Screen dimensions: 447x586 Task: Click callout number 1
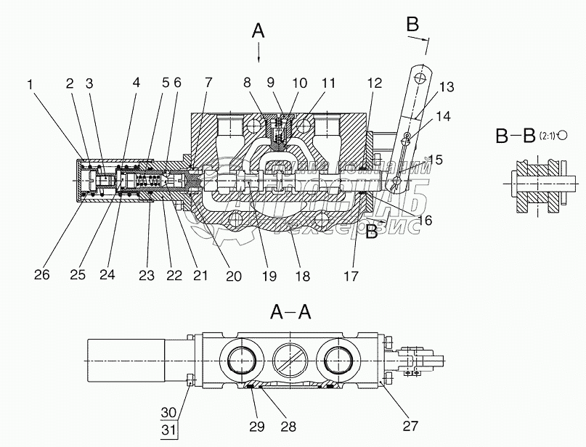pyautogui.click(x=30, y=85)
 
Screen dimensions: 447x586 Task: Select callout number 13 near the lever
pyautogui.click(x=446, y=88)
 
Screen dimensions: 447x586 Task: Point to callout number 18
pyautogui.click(x=303, y=276)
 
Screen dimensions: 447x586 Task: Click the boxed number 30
pyautogui.click(x=168, y=412)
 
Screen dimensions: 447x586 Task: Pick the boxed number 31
pyautogui.click(x=168, y=428)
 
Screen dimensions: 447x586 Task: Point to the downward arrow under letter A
pyautogui.click(x=259, y=53)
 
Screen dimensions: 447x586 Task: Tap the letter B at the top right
pyautogui.click(x=412, y=23)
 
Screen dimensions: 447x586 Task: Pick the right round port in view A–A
pyautogui.click(x=340, y=361)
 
